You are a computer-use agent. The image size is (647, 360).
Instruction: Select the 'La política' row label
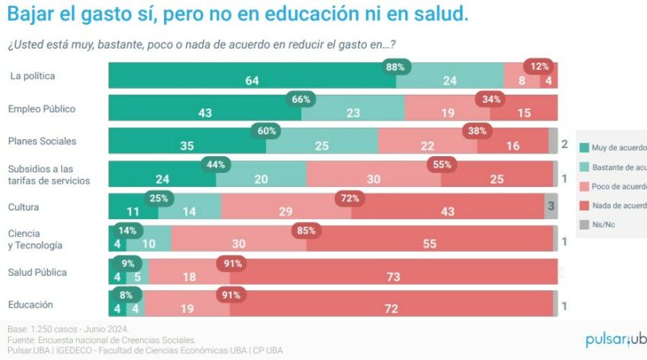pyautogui.click(x=32, y=76)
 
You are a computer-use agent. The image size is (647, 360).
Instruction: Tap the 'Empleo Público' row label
pyautogui.click(x=41, y=108)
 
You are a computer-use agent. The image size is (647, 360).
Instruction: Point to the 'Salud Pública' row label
pyautogui.click(x=37, y=272)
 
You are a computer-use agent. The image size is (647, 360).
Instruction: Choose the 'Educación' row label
pyautogui.click(x=31, y=305)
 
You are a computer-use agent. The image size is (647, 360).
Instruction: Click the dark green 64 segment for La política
pyautogui.click(x=252, y=80)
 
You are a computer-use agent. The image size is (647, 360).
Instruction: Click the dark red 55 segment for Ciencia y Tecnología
pyautogui.click(x=429, y=243)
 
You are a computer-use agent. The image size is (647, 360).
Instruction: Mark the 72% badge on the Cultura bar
pyautogui.click(x=349, y=197)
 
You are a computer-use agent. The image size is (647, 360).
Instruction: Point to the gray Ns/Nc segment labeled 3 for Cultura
pyautogui.click(x=551, y=206)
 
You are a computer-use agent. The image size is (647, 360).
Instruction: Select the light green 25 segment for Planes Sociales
pyautogui.click(x=322, y=146)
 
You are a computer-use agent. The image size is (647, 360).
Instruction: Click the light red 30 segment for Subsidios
pyautogui.click(x=374, y=179)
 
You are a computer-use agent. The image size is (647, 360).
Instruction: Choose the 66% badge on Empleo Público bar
pyautogui.click(x=301, y=99)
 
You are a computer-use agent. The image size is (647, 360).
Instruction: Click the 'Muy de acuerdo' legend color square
pyautogui.click(x=585, y=147)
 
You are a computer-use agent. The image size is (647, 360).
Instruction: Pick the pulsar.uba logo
pyautogui.click(x=615, y=341)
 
